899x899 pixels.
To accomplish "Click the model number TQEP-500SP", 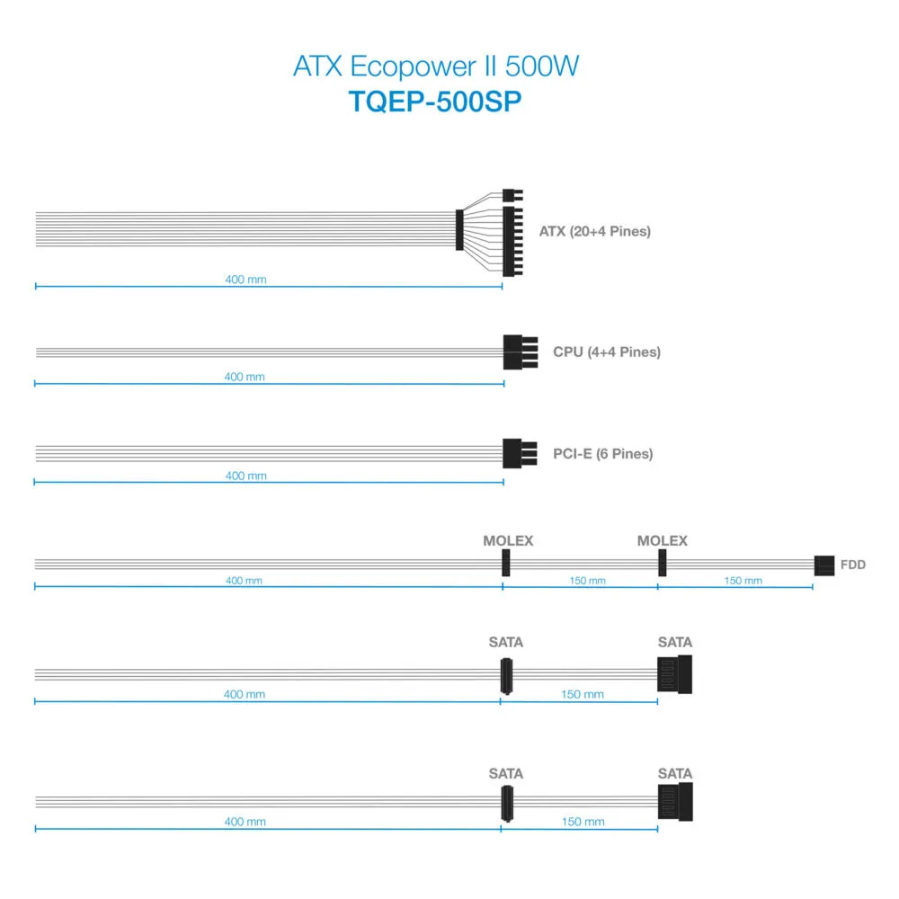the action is pos(435,102).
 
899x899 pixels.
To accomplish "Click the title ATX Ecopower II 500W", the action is pos(436,66).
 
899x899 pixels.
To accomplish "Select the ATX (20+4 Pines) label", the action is pos(594,231).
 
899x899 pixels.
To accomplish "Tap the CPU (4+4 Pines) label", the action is pos(607,352).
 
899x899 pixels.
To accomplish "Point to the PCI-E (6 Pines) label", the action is pos(602,454).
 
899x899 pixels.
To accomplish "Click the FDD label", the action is pos(852,565).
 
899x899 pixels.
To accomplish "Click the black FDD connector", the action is pos(824,565).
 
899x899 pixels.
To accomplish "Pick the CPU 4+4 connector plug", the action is pos(520,352).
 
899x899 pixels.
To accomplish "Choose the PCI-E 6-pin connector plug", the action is pos(520,453).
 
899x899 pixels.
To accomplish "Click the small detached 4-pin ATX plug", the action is pos(512,195).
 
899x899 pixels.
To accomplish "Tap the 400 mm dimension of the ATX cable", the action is pos(245,280).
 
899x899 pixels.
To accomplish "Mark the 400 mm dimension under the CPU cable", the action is pos(245,377).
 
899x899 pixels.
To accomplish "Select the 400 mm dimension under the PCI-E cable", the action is pos(246,476).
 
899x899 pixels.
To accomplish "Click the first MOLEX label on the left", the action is pos(508,540).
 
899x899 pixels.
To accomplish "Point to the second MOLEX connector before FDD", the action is pos(663,563).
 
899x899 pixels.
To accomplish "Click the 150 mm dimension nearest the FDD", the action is pos(743,581).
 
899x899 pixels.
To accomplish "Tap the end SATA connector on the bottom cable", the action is pos(675,802).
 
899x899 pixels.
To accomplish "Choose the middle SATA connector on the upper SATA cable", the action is pos(506,676).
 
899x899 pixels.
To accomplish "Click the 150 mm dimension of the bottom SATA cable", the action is pos(583,822).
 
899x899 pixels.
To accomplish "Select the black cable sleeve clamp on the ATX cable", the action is pos(459,230).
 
